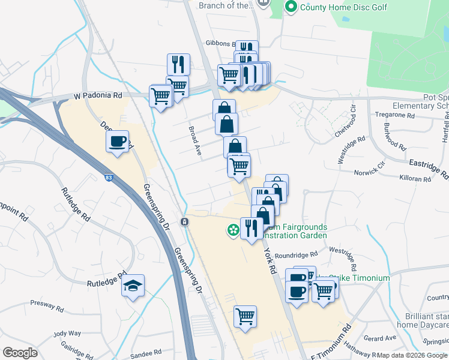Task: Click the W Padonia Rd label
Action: (x=98, y=95)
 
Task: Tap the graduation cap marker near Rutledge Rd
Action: (x=133, y=286)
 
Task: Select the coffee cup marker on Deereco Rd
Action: (x=118, y=142)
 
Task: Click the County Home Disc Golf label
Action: (x=344, y=7)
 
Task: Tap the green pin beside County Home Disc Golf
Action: (x=291, y=7)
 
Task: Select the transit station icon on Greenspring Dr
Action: (x=185, y=222)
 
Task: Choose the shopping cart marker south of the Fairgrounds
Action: (x=245, y=315)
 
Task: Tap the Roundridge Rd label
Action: (x=297, y=254)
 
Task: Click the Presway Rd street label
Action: (x=47, y=306)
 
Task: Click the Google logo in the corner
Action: (x=20, y=353)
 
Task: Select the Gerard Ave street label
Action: (x=379, y=338)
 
